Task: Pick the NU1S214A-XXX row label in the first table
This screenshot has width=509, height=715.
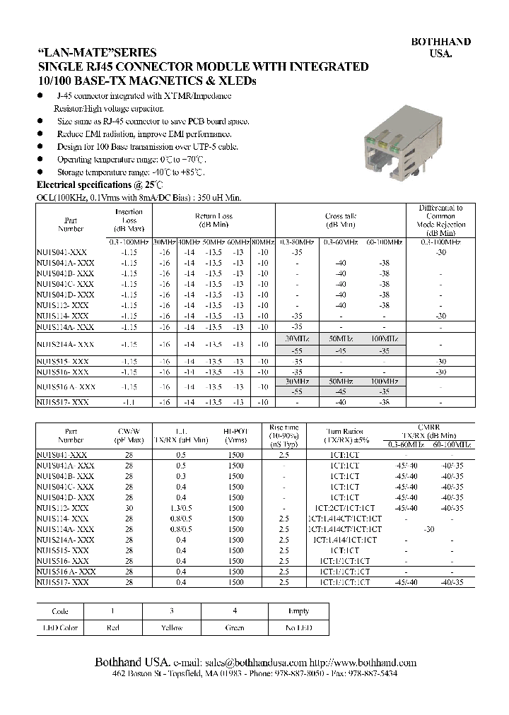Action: pos(65,343)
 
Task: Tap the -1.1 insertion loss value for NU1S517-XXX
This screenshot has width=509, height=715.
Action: pos(128,401)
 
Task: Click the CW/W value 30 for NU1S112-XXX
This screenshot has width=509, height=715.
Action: pos(129,508)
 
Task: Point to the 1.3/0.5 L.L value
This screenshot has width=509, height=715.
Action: pos(182,508)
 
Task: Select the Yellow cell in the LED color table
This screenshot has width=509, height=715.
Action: pos(172,627)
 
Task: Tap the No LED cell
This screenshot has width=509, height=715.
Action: pos(298,627)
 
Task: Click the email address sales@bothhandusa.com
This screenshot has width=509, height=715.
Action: pos(256,663)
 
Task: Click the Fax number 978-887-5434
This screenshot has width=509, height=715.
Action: pos(373,675)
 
